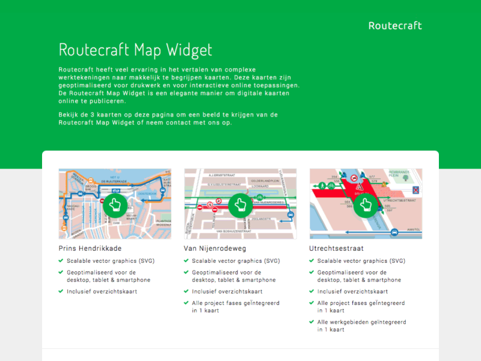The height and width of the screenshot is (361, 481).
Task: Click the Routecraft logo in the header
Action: pyautogui.click(x=394, y=25)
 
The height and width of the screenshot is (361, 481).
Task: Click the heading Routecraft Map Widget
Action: pyautogui.click(x=135, y=49)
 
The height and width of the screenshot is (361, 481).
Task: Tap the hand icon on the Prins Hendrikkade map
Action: pyautogui.click(x=115, y=205)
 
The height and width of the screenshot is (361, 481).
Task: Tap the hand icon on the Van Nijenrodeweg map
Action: pyautogui.click(x=240, y=205)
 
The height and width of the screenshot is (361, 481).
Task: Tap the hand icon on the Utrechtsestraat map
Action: pyautogui.click(x=365, y=205)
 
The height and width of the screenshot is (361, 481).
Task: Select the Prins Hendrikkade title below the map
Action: pyautogui.click(x=90, y=248)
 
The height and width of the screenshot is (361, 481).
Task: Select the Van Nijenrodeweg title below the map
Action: pyautogui.click(x=215, y=248)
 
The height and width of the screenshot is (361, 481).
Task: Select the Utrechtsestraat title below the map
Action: pyautogui.click(x=336, y=248)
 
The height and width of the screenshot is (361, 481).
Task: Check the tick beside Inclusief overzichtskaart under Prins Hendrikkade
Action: pyautogui.click(x=61, y=291)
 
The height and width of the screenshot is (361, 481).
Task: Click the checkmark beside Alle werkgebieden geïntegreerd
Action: pyautogui.click(x=311, y=322)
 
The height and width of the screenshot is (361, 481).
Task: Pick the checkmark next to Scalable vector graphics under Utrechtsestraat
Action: pyautogui.click(x=311, y=261)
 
